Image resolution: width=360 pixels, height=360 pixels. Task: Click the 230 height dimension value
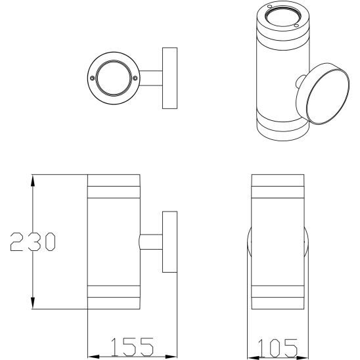[32, 242]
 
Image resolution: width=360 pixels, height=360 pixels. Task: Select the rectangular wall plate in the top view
[170, 78]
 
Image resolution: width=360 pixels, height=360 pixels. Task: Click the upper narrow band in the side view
[114, 192]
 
